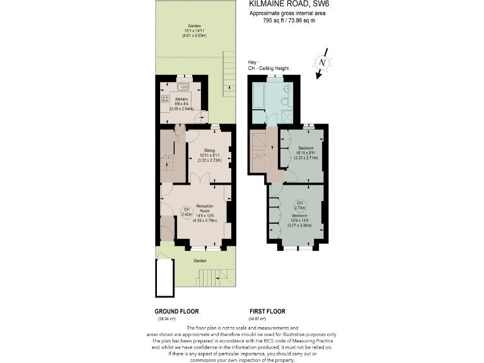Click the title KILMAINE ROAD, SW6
[x=289, y=4]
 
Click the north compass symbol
[x=323, y=63]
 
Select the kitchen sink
[x=183, y=84]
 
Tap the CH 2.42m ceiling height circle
[x=186, y=212]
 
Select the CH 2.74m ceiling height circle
[x=299, y=205]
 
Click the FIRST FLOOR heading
[x=267, y=311]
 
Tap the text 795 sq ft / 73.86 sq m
[x=289, y=20]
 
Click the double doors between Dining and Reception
[x=199, y=180]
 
